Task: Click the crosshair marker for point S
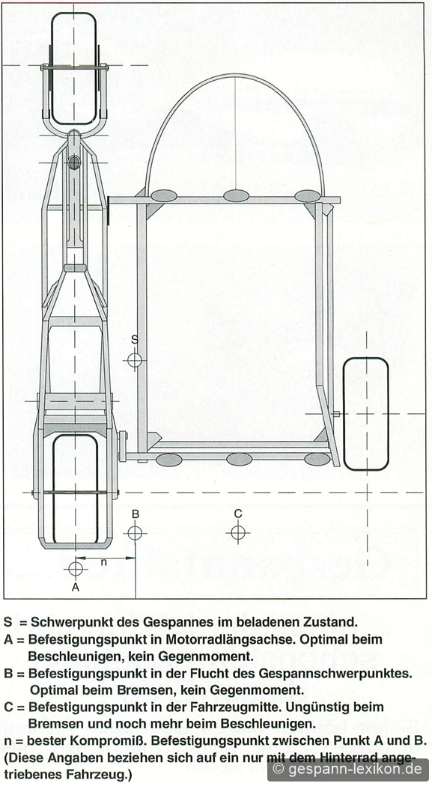click(x=134, y=359)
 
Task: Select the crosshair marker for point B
click(x=135, y=531)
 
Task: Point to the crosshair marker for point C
click(x=238, y=531)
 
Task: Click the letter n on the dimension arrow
click(x=104, y=562)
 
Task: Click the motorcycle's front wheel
click(x=73, y=68)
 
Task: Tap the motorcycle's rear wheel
click(x=75, y=489)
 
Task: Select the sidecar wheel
click(x=366, y=413)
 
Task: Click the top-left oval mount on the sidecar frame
click(x=164, y=195)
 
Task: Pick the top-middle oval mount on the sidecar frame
click(x=236, y=195)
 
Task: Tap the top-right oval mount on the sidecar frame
click(x=307, y=195)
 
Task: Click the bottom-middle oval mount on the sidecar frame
click(x=239, y=459)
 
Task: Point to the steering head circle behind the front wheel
click(x=74, y=162)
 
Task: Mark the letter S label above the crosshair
click(x=134, y=339)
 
